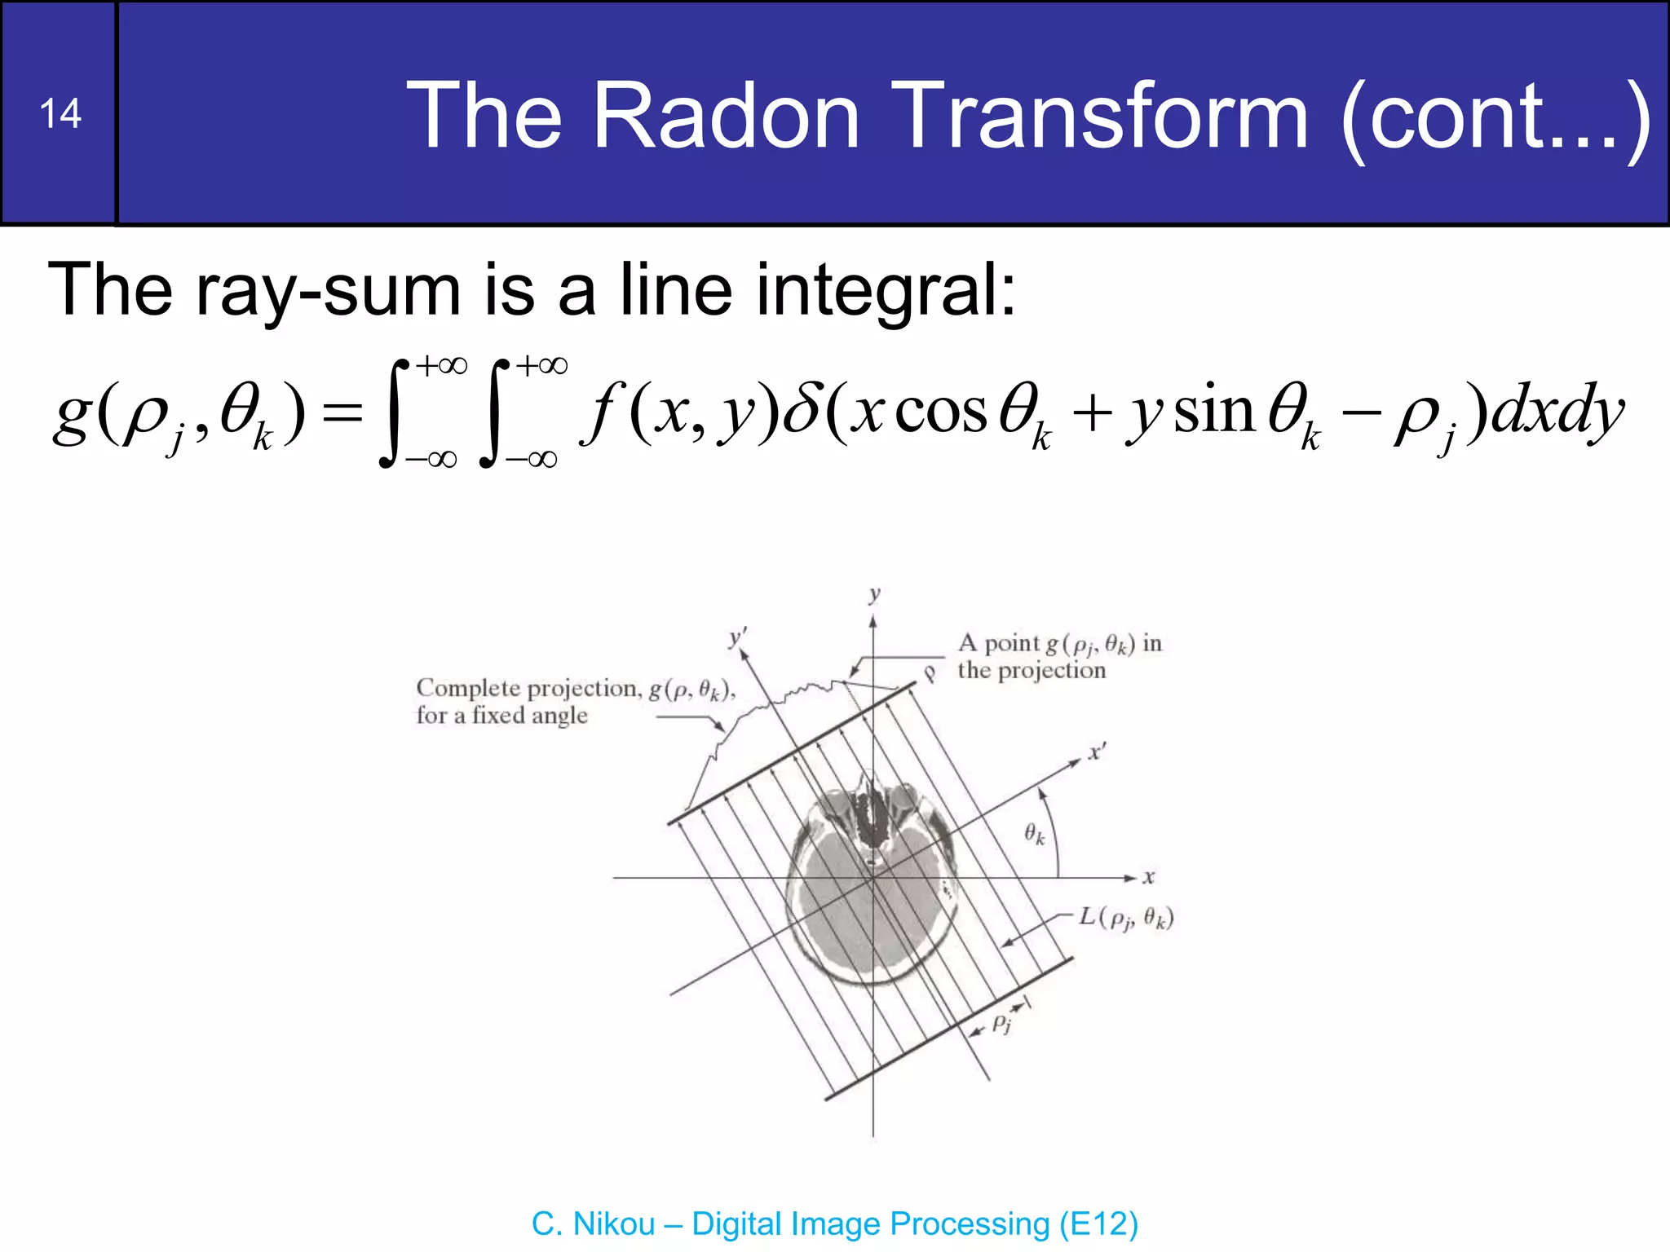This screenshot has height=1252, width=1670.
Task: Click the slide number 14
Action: (60, 113)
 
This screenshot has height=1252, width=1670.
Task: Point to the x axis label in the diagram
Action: (1148, 878)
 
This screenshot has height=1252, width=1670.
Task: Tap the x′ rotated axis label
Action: (1098, 752)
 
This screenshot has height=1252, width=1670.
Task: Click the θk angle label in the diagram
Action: (1034, 834)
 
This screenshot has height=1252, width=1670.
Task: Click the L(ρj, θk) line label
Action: (1126, 918)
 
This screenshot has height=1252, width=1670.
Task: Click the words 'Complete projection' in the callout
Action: (527, 689)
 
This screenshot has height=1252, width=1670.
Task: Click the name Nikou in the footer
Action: (614, 1224)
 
